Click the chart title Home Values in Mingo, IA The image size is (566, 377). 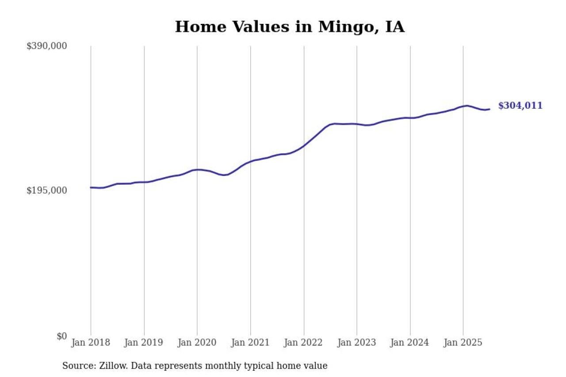click(290, 27)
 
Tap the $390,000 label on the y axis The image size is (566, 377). click(47, 46)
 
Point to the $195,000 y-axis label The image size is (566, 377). click(47, 190)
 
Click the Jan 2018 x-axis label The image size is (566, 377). click(91, 343)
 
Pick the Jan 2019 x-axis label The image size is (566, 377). click(144, 343)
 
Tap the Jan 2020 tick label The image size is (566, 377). click(197, 343)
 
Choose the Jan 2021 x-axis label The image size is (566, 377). click(250, 343)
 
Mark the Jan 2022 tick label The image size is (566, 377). click(304, 343)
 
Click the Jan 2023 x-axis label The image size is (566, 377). click(357, 343)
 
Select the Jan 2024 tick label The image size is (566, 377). click(410, 343)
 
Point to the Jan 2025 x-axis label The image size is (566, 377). click(463, 343)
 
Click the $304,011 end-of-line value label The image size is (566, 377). click(520, 106)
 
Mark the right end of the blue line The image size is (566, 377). click(489, 109)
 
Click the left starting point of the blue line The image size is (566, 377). click(91, 187)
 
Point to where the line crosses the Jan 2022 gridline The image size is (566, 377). click(304, 145)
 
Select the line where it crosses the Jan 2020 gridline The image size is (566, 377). click(197, 170)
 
